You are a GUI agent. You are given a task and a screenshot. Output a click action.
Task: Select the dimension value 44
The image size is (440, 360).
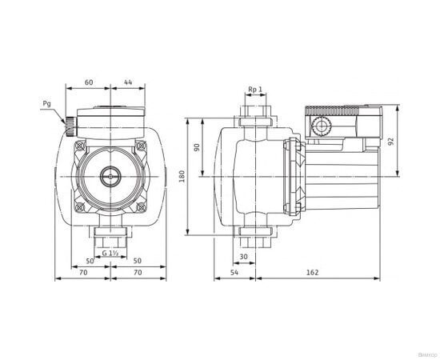(128, 82)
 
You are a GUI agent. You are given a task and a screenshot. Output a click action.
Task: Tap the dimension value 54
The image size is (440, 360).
(234, 273)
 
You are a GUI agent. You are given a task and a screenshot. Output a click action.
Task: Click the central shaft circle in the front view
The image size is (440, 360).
(110, 176)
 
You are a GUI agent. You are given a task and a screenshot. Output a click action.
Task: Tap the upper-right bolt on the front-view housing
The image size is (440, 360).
(140, 146)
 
